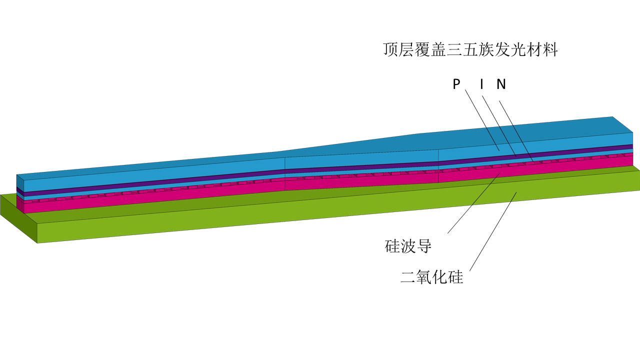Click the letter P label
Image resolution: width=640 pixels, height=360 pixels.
pyautogui.click(x=456, y=84)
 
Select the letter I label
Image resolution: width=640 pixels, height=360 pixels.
pyautogui.click(x=481, y=84)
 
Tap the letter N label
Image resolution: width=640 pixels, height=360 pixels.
pyautogui.click(x=501, y=84)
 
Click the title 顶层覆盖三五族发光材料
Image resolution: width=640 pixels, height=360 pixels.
pyautogui.click(x=470, y=50)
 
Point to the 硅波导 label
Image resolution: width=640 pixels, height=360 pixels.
pyautogui.click(x=408, y=246)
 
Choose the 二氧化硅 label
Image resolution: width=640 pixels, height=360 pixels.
pyautogui.click(x=432, y=276)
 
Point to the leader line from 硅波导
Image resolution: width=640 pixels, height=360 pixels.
pyautogui.click(x=473, y=203)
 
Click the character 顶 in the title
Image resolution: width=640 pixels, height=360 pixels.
pyautogui.click(x=390, y=50)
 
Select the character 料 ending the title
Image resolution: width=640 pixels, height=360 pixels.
pyautogui.click(x=550, y=50)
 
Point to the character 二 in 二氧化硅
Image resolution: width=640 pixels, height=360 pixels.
pyautogui.click(x=408, y=277)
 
